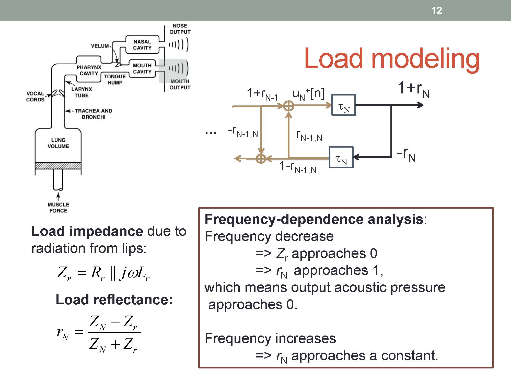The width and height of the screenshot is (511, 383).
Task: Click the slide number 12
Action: coord(436,10)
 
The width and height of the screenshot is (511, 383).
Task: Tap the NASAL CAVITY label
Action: coord(142,45)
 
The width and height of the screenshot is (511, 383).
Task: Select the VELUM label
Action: coord(100,46)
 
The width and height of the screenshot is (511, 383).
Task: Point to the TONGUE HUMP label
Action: coord(115,79)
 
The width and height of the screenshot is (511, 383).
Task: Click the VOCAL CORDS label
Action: coord(35,97)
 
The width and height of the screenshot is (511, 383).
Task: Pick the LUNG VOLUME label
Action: coord(58,143)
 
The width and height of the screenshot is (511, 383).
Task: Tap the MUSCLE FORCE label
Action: coord(58,208)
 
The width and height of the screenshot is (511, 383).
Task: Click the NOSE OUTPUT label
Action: coord(180,29)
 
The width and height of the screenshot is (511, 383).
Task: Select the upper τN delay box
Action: coord(344,105)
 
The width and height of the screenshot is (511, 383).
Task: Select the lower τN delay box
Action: coord(341,157)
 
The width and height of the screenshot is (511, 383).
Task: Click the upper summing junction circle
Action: coord(289,105)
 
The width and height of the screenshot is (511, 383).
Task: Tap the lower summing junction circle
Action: coord(261,159)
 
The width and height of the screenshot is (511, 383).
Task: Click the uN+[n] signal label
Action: coord(308,94)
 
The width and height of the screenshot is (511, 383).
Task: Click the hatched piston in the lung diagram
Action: coord(58,166)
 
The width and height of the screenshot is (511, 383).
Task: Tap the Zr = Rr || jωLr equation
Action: coord(103,273)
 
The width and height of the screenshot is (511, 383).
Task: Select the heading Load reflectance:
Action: coord(114,300)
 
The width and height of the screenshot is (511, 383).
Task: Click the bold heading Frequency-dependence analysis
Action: coord(314,219)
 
